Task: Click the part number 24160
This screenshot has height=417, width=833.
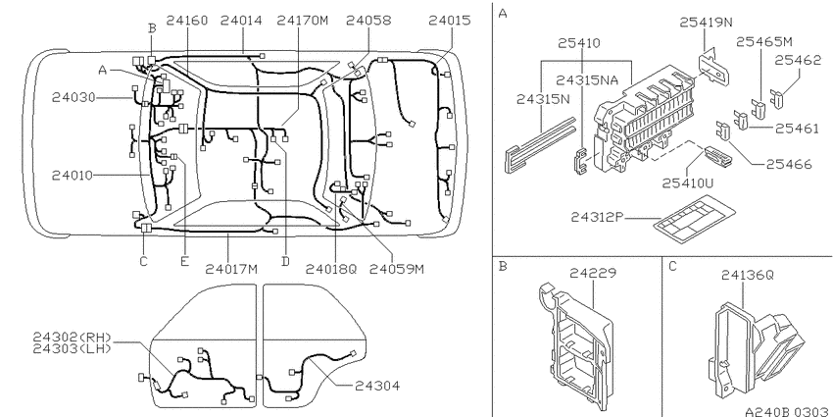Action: tap(186, 21)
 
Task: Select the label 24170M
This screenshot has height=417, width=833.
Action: tap(302, 21)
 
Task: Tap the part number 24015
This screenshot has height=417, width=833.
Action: tap(450, 21)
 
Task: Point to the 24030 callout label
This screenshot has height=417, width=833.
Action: tap(73, 98)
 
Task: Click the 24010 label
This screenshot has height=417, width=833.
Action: tap(73, 176)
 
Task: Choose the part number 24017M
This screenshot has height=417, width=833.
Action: tap(231, 269)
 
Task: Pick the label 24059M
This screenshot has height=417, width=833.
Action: tap(396, 269)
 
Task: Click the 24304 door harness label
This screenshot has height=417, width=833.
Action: tap(377, 386)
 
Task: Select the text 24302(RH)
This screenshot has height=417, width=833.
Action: tap(73, 338)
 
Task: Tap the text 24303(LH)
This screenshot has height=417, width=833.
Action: tap(73, 348)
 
